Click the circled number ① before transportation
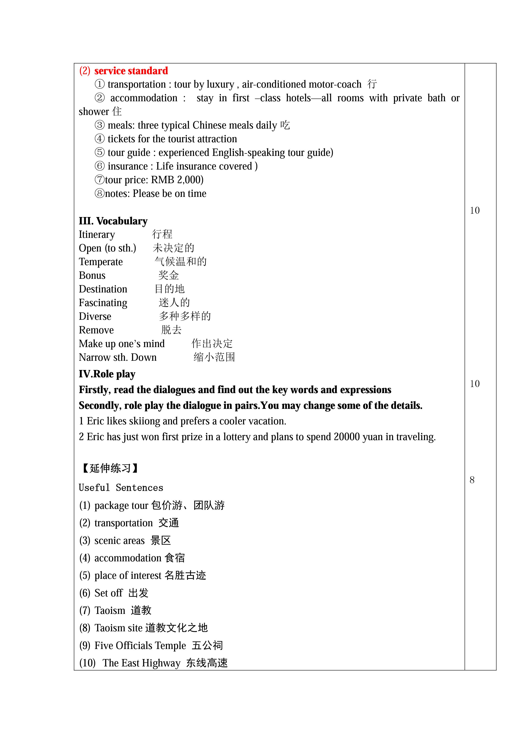pyautogui.click(x=100, y=84)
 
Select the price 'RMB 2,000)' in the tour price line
pyautogui.click(x=177, y=180)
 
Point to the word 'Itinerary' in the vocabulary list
pyautogui.click(x=97, y=235)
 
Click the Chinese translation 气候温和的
pyautogui.click(x=181, y=262)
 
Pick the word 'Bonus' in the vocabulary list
pyautogui.click(x=92, y=275)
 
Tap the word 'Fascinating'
pyautogui.click(x=103, y=303)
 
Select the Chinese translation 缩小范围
pyautogui.click(x=214, y=357)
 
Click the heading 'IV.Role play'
pyautogui.click(x=107, y=374)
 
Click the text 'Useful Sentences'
pyautogui.click(x=121, y=488)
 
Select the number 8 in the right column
pyautogui.click(x=472, y=480)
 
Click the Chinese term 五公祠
pyautogui.click(x=207, y=646)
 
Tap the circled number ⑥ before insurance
pyautogui.click(x=100, y=166)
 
